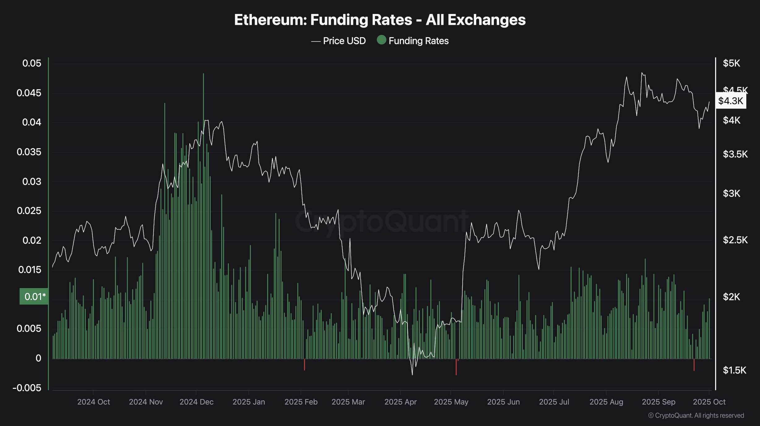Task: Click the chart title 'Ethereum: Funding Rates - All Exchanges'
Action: pos(380,20)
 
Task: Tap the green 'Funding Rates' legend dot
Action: pos(382,40)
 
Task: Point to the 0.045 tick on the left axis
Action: pos(29,93)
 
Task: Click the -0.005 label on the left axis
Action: pos(27,388)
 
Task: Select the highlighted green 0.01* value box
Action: pos(34,297)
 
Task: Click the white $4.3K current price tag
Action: pos(731,101)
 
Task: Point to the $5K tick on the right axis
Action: pos(731,63)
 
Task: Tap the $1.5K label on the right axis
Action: pos(734,370)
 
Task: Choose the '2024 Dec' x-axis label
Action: pos(196,402)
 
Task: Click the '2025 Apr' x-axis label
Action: pos(400,402)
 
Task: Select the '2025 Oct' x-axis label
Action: pos(709,402)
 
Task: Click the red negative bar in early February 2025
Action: pos(304,365)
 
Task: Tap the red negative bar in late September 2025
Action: pos(694,365)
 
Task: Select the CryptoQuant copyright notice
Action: pos(696,415)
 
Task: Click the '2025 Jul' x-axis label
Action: pos(554,402)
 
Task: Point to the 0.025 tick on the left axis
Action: pos(29,211)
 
